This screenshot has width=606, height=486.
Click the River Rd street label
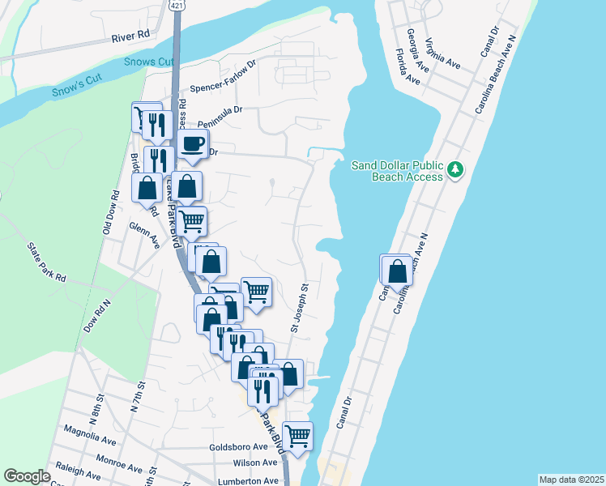pos(131,35)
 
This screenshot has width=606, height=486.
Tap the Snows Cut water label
pos(149,62)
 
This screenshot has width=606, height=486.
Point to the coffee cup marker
pos(192,145)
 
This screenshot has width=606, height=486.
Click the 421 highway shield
pos(177,5)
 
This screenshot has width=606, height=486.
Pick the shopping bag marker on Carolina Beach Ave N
pos(397,270)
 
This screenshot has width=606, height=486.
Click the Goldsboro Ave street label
pos(238,447)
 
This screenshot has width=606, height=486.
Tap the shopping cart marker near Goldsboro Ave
pos(297,436)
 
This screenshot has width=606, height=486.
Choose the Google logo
pos(27,476)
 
